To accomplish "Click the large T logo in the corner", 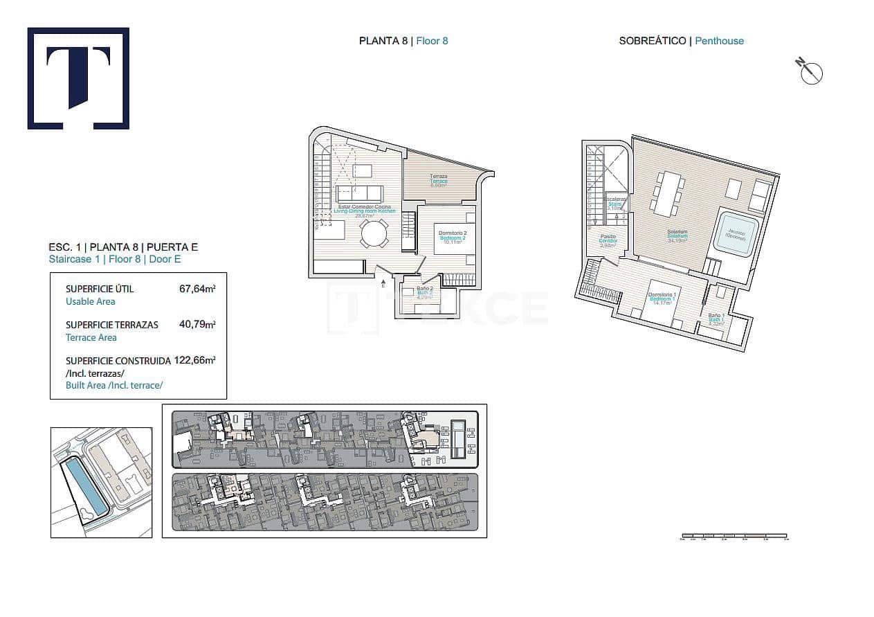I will coord(78,78).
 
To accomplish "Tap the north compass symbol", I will coord(810,71).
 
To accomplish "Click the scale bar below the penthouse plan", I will coord(734,535).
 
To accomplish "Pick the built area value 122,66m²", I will coord(195,360).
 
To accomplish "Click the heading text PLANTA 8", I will coord(383,41).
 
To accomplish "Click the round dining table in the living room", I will coord(374,233).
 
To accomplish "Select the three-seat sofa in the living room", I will coord(359,193).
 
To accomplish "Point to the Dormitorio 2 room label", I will coord(453,233).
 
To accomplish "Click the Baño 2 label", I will coord(425,288).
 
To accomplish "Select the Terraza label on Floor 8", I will coord(438,177).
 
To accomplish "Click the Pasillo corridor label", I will coord(608,237).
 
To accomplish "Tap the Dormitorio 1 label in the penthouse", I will coord(661,296).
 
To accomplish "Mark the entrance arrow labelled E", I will coord(383,282).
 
